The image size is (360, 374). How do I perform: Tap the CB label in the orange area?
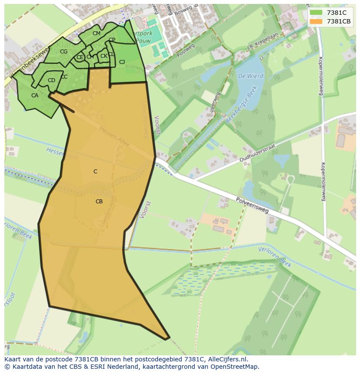[99, 202]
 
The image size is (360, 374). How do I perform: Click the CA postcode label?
[35, 96]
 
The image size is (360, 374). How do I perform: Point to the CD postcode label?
[51, 80]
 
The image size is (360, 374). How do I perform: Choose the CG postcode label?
[63, 52]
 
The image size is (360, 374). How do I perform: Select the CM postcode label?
[97, 33]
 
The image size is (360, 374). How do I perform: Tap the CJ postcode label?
[122, 62]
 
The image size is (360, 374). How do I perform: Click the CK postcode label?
[103, 56]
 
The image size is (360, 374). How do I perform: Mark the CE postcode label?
[80, 57]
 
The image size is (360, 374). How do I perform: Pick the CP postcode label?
[112, 40]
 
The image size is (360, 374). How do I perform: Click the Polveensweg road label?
[253, 205]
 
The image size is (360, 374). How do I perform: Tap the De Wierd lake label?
[250, 76]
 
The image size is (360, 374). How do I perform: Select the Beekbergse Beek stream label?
[242, 104]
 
